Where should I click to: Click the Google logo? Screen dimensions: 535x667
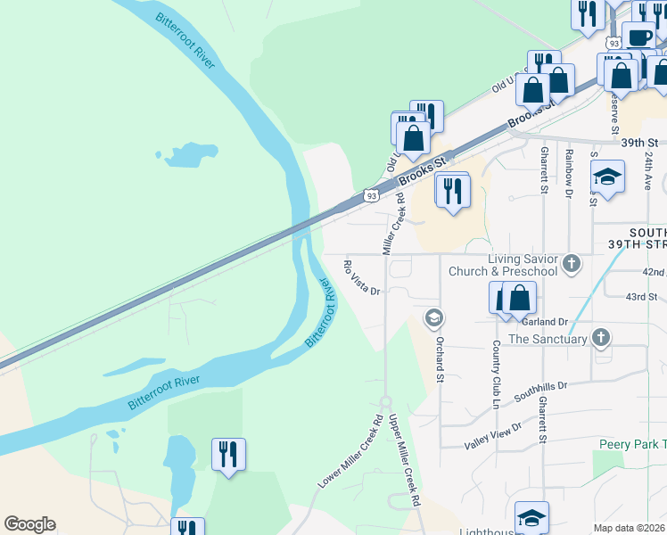click(x=29, y=524)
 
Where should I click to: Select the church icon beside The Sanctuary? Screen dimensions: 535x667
click(x=602, y=338)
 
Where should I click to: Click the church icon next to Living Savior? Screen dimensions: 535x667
click(x=572, y=264)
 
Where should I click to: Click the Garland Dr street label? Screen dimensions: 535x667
click(x=548, y=322)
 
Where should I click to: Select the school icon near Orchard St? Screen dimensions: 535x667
click(x=434, y=317)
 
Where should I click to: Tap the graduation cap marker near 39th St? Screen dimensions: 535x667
click(x=607, y=177)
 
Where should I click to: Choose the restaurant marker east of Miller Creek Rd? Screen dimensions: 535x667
click(x=453, y=189)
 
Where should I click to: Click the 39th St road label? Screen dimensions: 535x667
click(x=639, y=143)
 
